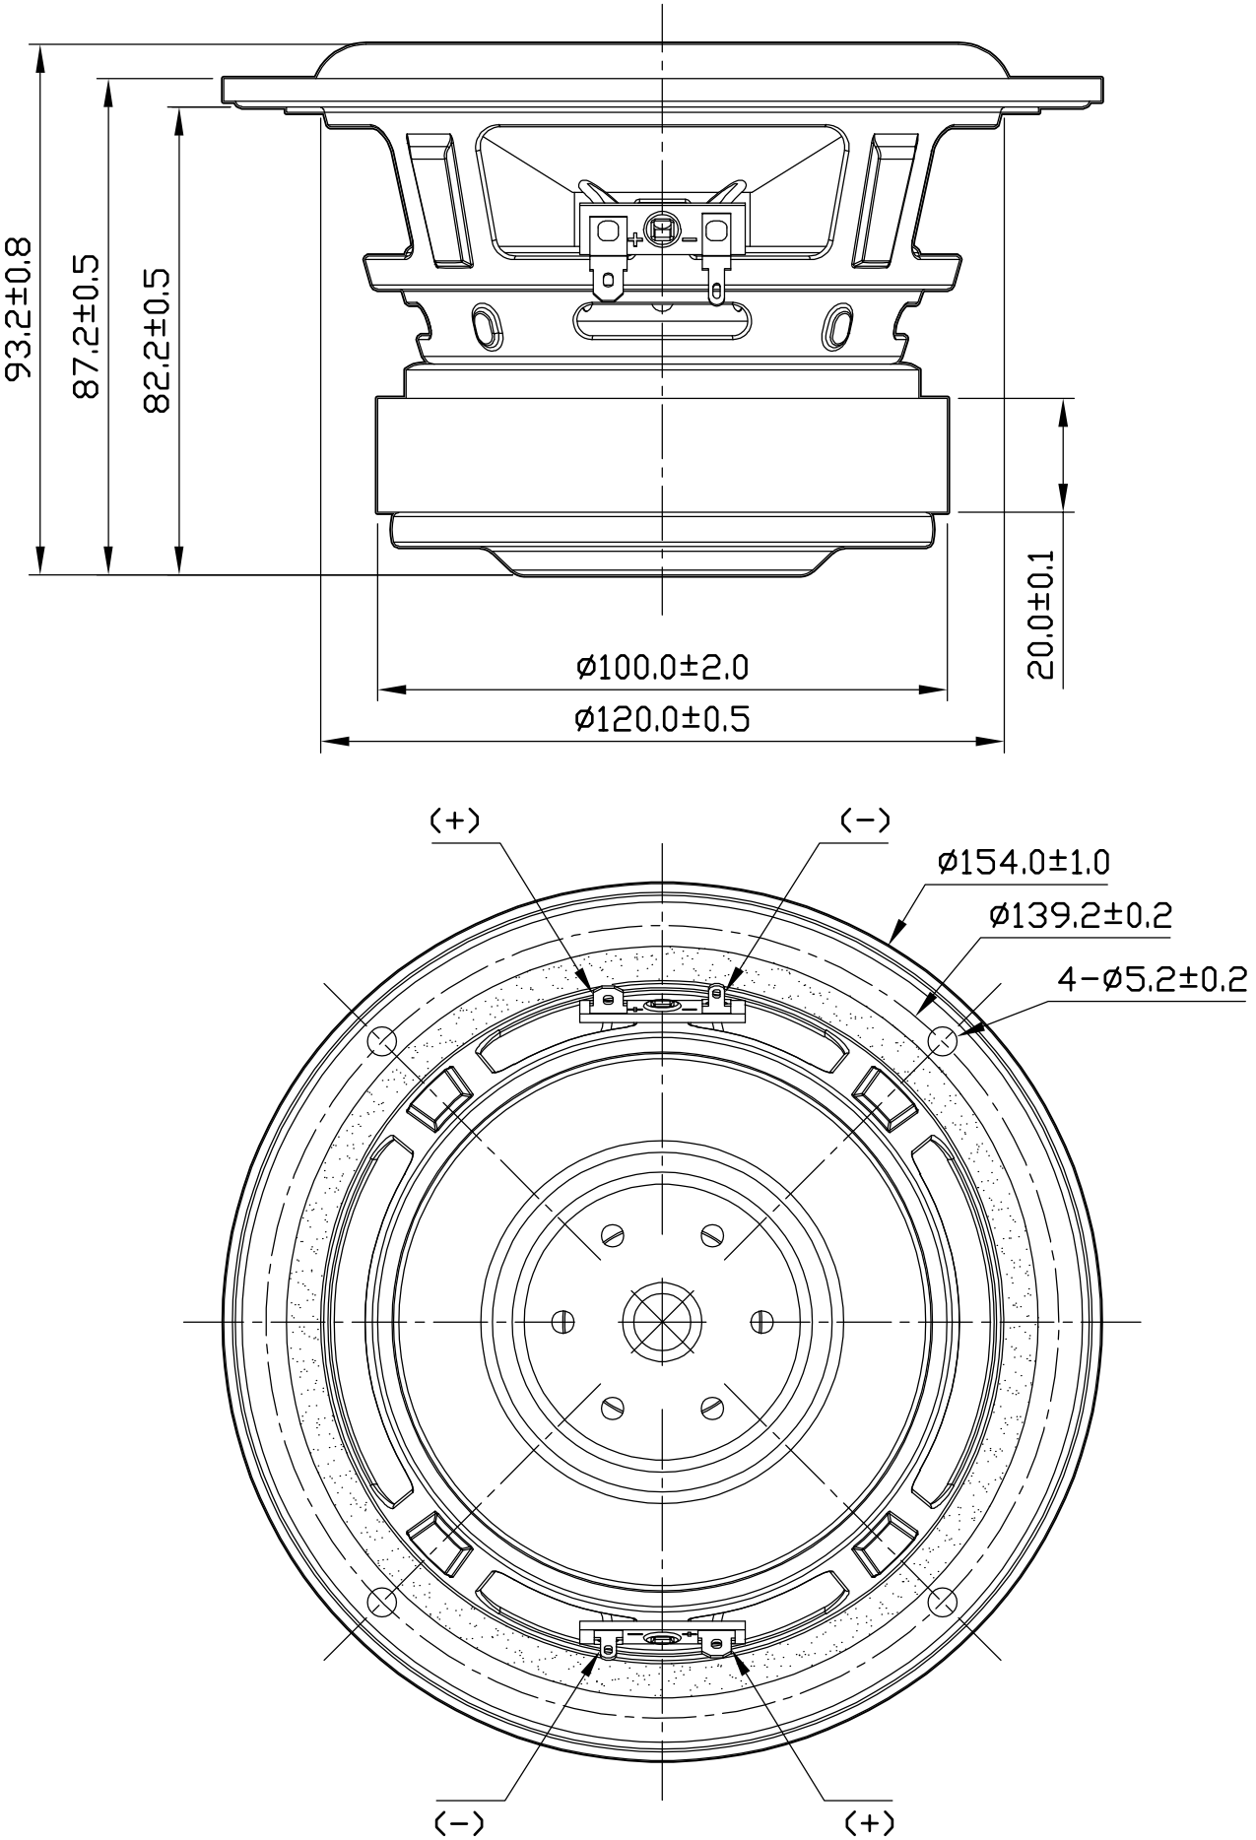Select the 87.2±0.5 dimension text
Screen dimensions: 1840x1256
click(x=88, y=326)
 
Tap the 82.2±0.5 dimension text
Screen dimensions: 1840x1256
click(x=158, y=340)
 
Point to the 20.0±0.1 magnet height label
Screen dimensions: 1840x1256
click(x=1040, y=615)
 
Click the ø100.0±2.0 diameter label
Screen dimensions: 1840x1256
click(x=662, y=668)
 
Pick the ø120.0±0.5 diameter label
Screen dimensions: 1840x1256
click(x=662, y=719)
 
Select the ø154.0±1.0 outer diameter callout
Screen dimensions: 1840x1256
click(x=1024, y=863)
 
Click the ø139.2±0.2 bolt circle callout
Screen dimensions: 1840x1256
click(x=1081, y=916)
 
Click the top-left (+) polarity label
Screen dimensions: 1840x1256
click(x=455, y=820)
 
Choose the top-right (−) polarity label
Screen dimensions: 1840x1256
click(x=865, y=820)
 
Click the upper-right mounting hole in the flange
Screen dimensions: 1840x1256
click(x=943, y=1041)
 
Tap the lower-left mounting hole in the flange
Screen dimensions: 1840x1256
click(x=382, y=1601)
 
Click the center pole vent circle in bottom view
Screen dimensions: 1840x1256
click(x=662, y=1320)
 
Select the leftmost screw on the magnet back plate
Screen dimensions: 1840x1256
click(x=563, y=1320)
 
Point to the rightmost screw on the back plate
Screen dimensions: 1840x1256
click(x=760, y=1320)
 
